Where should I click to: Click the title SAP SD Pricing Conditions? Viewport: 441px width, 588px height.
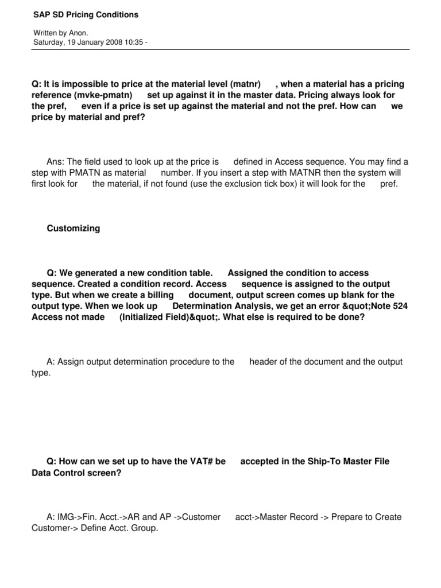click(x=84, y=14)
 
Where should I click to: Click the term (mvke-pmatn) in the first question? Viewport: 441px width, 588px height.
click(x=107, y=95)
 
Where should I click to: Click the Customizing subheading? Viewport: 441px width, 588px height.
click(x=73, y=229)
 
